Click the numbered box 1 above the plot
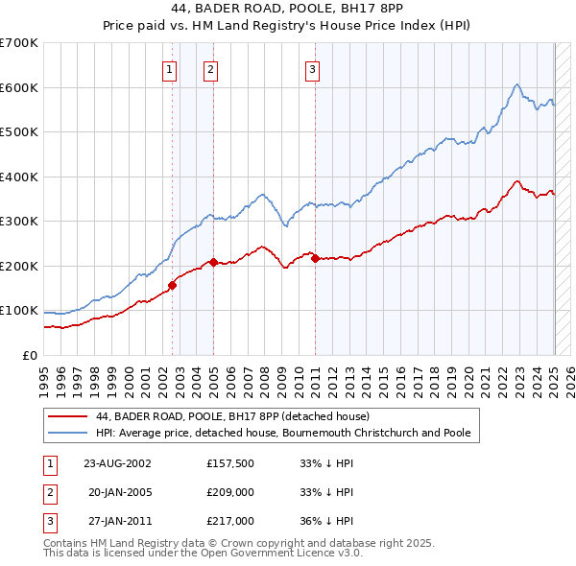[169, 68]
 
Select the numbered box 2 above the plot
[210, 68]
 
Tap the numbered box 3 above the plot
[313, 68]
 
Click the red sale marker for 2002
[173, 285]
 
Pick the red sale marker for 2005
[213, 262]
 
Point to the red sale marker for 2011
[316, 258]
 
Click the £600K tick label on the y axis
[19, 87]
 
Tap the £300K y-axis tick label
[19, 221]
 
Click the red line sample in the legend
[67, 416]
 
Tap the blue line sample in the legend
[67, 433]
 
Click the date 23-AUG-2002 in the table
[118, 463]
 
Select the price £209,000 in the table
[230, 492]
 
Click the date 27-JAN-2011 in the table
[118, 521]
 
